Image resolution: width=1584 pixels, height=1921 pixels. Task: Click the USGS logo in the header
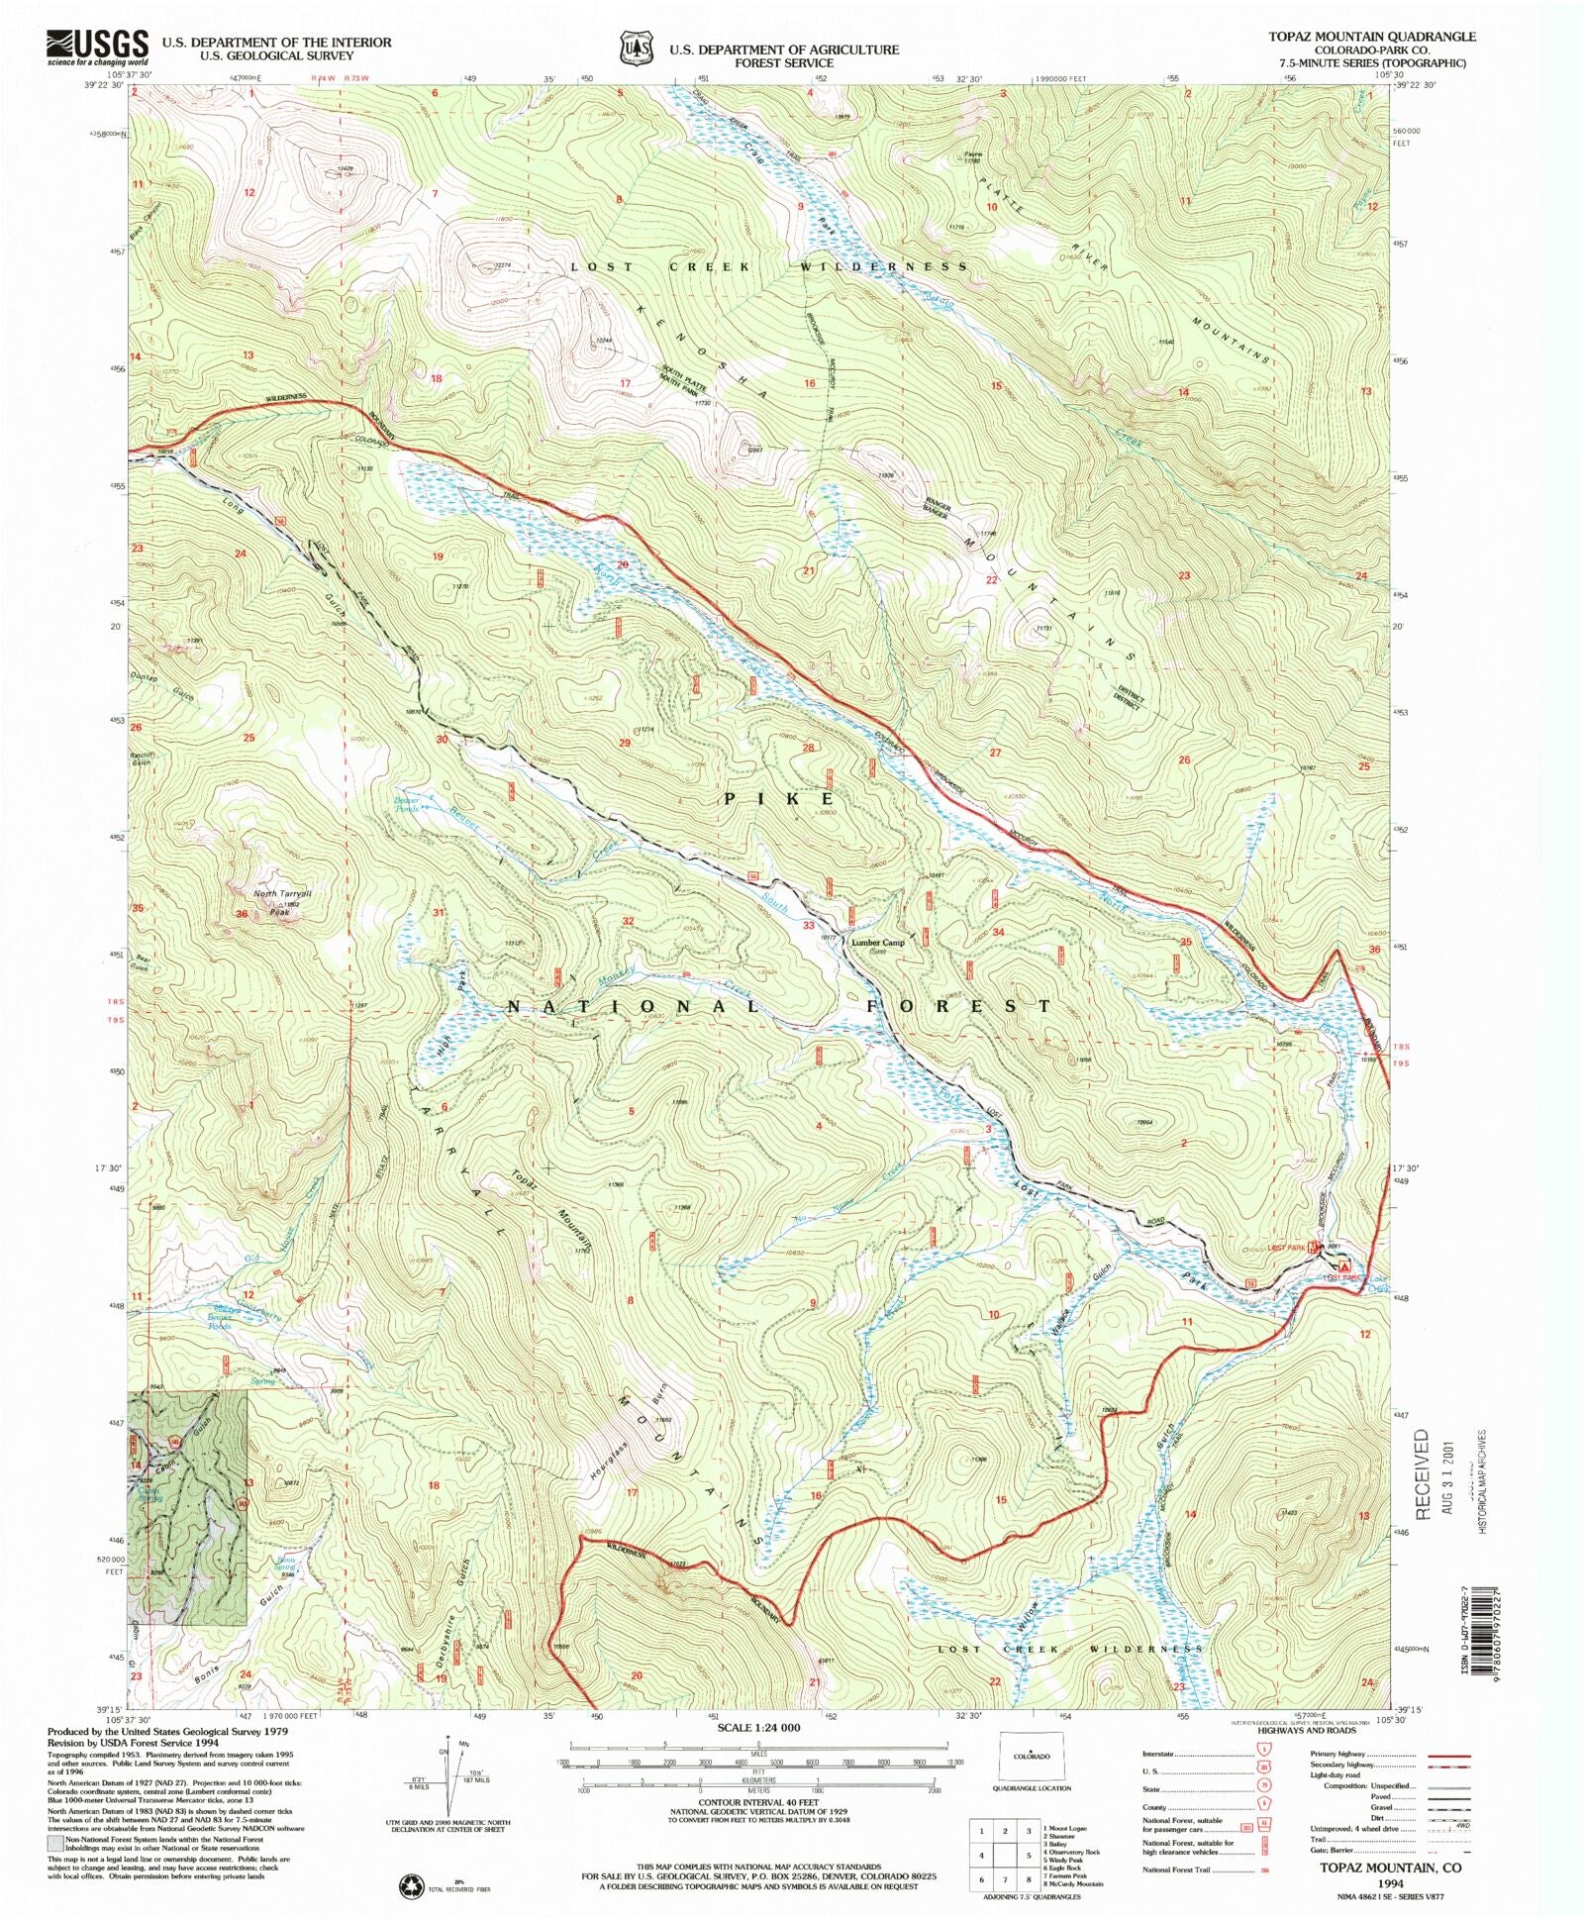(x=97, y=47)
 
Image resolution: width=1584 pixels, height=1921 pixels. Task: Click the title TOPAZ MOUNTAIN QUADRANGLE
(x=1372, y=37)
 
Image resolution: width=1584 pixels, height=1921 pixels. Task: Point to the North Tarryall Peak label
(x=275, y=902)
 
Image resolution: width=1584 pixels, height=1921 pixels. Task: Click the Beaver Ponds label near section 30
(x=408, y=804)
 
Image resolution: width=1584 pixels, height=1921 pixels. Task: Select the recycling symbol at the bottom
(x=409, y=1888)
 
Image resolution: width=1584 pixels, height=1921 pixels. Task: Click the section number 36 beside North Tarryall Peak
(x=241, y=914)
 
